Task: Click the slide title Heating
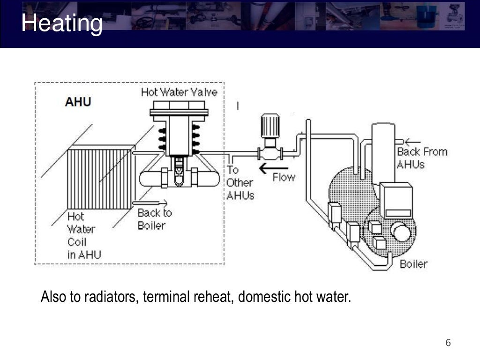coord(62,23)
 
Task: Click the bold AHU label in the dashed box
coord(78,102)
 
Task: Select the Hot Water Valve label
coord(179,92)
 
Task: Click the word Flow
coord(284,178)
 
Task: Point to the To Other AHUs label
coord(240,183)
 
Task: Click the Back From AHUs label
coord(422,157)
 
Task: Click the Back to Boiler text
coord(154,219)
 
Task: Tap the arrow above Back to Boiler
coord(150,202)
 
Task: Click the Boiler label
coord(413,264)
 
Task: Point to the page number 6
coord(448,343)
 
